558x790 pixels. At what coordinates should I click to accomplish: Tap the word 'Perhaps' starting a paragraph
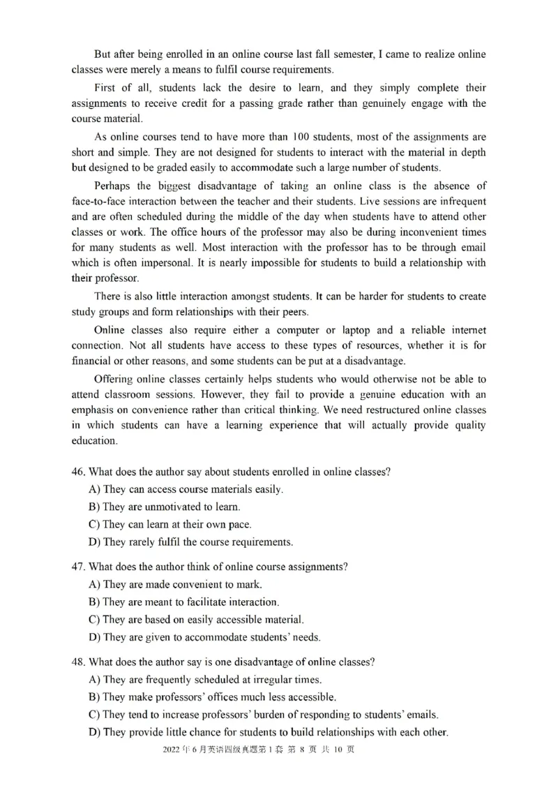point(113,186)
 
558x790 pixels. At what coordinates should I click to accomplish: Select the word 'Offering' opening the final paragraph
point(114,379)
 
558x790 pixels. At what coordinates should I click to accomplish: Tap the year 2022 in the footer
point(170,750)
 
